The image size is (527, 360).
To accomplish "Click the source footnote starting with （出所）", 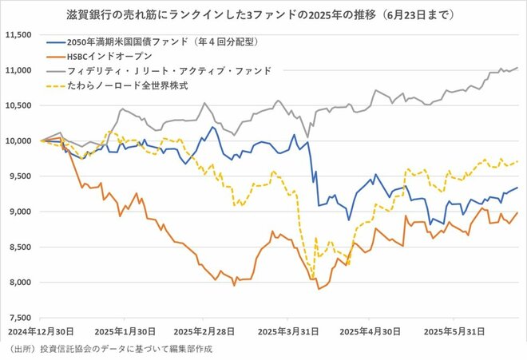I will (112, 350).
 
